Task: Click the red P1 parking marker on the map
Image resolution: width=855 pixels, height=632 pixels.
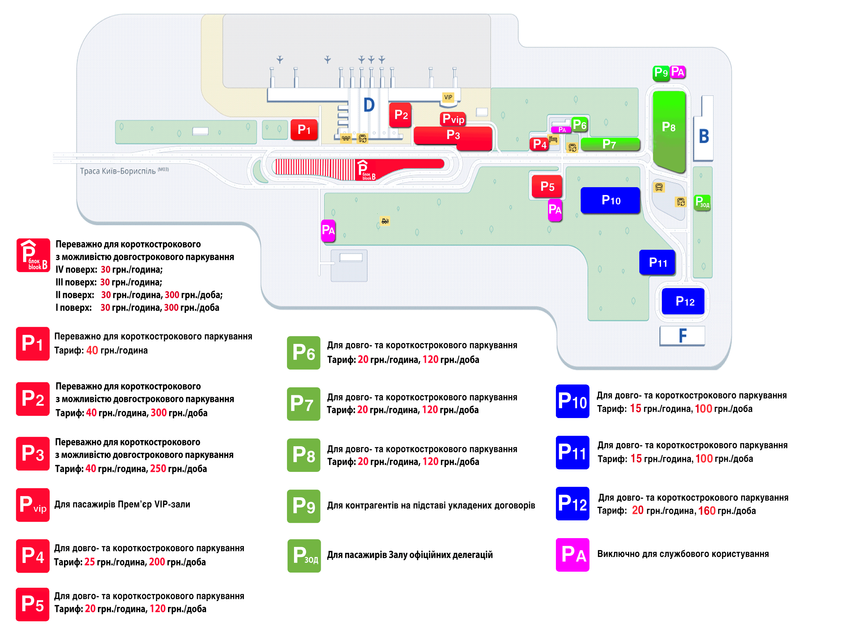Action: click(x=304, y=130)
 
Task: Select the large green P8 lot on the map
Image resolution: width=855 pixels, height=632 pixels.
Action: click(x=669, y=131)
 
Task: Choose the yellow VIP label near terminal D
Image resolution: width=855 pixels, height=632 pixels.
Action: click(x=448, y=97)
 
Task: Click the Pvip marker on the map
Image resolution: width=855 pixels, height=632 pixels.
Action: click(x=453, y=119)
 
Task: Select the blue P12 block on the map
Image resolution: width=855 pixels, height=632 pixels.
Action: click(x=683, y=301)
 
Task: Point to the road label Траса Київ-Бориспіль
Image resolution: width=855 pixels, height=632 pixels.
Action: click(x=118, y=171)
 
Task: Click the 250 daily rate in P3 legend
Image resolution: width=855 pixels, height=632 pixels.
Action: click(x=158, y=469)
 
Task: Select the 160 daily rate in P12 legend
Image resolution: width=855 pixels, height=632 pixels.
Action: click(x=706, y=511)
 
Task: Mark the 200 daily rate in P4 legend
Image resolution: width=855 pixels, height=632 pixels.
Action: click(x=157, y=562)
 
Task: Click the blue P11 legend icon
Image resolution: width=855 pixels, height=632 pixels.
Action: click(x=573, y=453)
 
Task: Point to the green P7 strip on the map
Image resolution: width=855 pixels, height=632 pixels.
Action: click(x=610, y=144)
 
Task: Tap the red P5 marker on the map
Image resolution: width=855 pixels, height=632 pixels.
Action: click(x=547, y=186)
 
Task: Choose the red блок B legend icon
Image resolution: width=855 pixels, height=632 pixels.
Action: click(x=33, y=255)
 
